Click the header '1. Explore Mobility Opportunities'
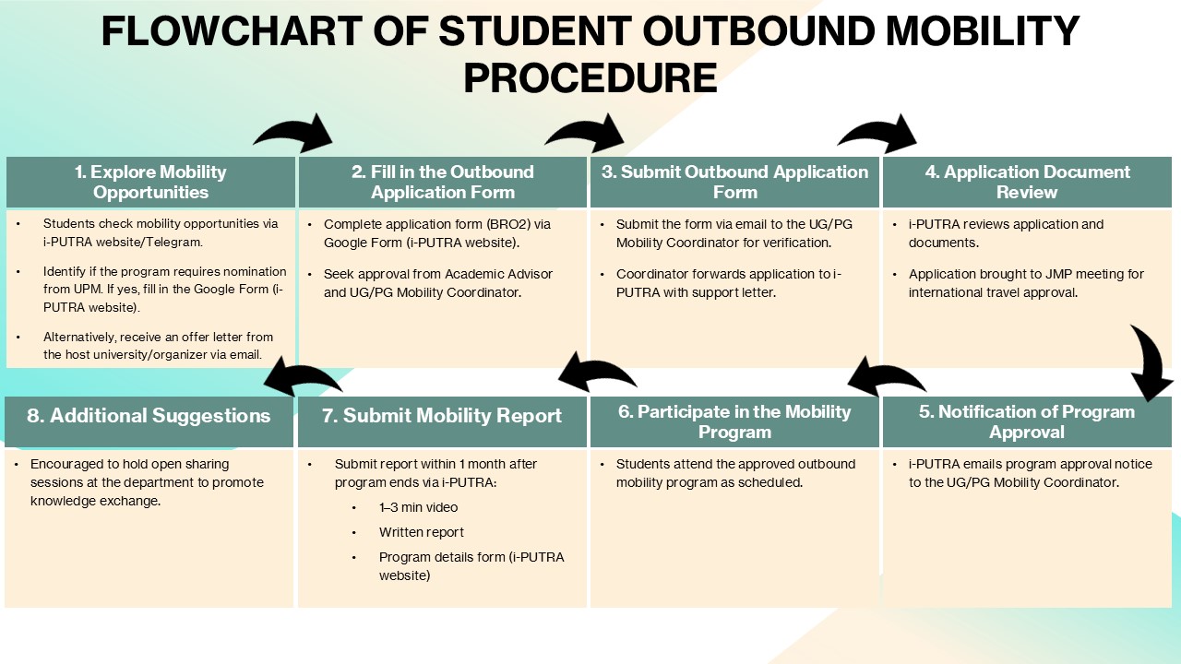click(150, 182)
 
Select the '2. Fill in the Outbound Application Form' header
click(443, 182)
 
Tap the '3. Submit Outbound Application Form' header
click(734, 182)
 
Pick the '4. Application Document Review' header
click(1027, 182)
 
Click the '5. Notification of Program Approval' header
click(1027, 421)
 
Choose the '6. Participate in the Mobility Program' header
click(734, 421)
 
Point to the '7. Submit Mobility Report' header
click(443, 416)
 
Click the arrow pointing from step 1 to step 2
click(293, 135)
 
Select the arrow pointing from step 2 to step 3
click(585, 135)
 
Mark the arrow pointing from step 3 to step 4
click(877, 135)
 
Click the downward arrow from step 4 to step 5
click(1151, 362)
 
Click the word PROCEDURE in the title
click(590, 78)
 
